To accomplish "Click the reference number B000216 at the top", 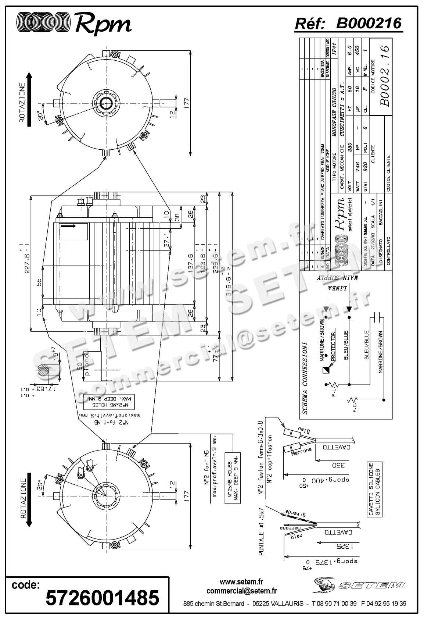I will click(369, 24).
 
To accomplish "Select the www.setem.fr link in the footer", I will click(241, 582).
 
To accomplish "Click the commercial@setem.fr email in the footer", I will click(241, 591).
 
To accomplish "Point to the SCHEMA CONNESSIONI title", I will click(305, 378).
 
